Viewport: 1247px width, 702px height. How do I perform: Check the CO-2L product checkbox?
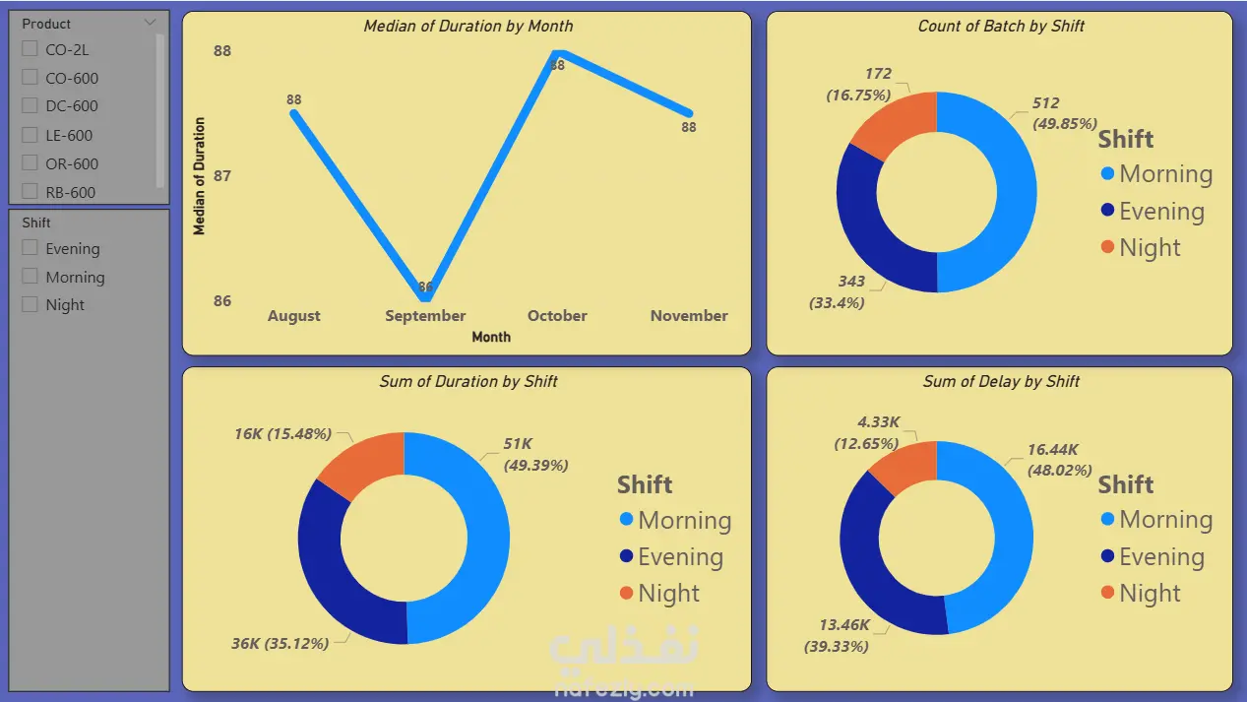tap(30, 49)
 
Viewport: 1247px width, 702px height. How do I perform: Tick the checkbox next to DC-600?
tap(30, 105)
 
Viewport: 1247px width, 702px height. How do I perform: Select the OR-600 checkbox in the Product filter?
tap(30, 163)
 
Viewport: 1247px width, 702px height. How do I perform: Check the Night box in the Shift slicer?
tap(30, 304)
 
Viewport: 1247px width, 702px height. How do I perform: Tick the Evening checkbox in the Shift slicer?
tap(30, 248)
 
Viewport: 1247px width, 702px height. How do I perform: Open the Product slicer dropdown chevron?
tap(150, 23)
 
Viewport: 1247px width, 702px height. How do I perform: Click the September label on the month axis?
tap(425, 316)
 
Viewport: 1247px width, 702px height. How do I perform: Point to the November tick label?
tap(689, 316)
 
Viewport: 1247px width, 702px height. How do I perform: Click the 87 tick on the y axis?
tap(222, 176)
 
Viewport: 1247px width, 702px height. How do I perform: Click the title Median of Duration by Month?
tap(468, 27)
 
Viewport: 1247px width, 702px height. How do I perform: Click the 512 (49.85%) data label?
tap(1064, 113)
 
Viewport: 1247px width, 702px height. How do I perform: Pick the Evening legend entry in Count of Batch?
tap(1153, 211)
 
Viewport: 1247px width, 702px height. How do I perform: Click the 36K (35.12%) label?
tap(281, 644)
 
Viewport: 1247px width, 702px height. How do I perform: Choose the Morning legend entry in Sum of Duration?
tap(676, 520)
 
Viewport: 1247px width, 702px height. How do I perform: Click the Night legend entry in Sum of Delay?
tap(1141, 593)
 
